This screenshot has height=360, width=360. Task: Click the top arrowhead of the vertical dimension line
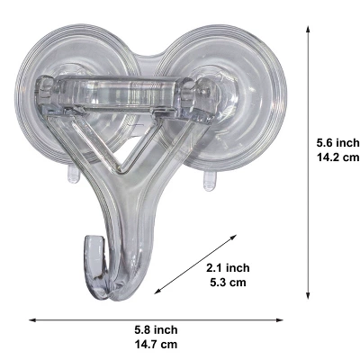(309, 28)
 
